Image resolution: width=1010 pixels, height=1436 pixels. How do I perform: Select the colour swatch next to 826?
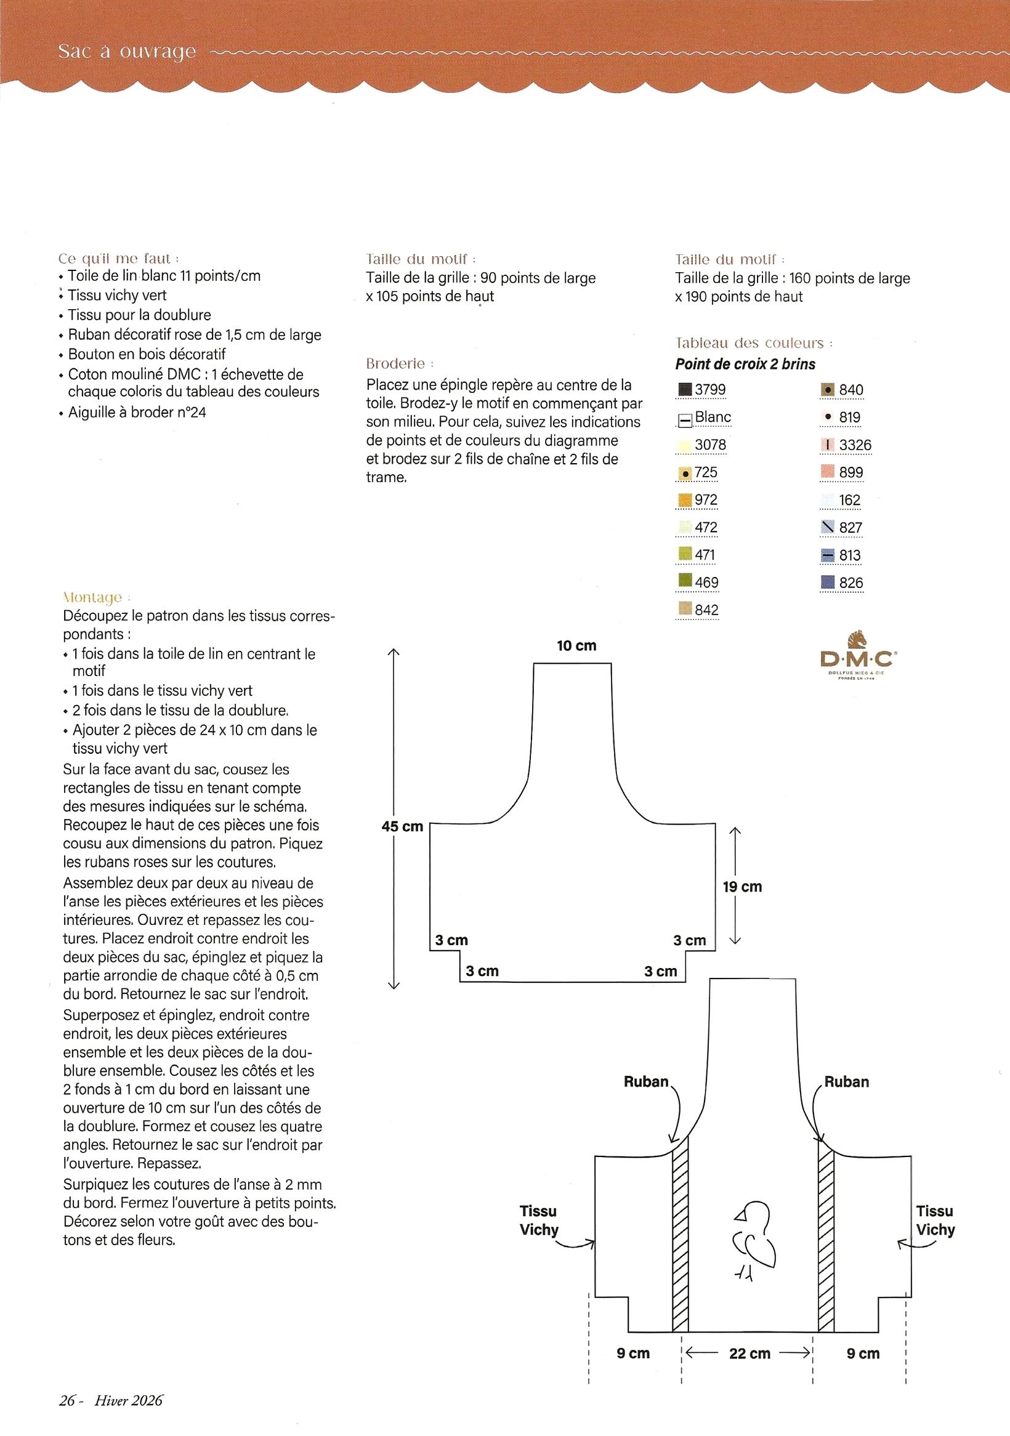tap(828, 583)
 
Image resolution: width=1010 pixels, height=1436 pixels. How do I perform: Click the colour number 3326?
tap(855, 445)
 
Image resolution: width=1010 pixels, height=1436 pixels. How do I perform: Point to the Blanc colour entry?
tap(713, 417)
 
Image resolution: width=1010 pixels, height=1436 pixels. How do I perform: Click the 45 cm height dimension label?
tap(402, 826)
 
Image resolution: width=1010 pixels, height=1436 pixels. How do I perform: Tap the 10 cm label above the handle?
tap(576, 645)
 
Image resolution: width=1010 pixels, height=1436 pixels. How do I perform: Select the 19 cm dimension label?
tap(742, 886)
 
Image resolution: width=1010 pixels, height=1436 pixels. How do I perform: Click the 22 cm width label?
tap(749, 1353)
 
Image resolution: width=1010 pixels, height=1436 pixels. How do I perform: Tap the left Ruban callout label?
tap(646, 1081)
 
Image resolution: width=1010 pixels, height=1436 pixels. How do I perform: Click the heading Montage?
tap(92, 597)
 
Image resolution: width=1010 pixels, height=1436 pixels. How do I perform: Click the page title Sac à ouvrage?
tap(127, 52)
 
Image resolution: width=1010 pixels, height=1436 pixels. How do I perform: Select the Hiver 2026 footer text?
tap(128, 1400)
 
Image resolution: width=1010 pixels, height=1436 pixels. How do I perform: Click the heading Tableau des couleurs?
tap(754, 344)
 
